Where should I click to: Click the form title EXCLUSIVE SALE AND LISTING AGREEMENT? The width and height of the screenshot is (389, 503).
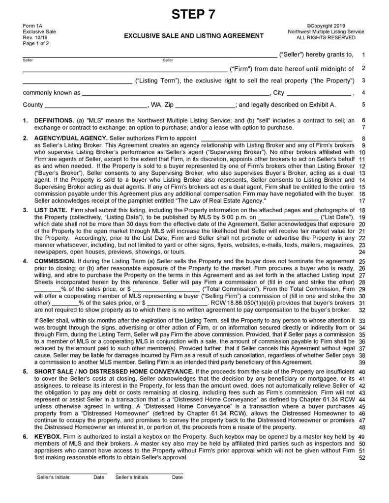tap(193, 35)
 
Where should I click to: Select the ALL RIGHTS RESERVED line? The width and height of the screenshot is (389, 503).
tap(326, 37)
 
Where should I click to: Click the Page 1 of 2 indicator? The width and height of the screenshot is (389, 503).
tap(36, 43)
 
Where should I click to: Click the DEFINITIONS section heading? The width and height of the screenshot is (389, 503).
tap(53, 120)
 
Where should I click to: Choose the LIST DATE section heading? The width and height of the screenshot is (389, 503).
tap(51, 210)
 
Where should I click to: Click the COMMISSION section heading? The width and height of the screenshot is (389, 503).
tap(55, 261)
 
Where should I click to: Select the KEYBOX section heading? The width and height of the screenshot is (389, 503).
tap(48, 436)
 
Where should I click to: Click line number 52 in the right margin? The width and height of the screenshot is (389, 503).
tap(362, 458)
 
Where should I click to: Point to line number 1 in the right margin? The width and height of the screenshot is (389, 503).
tap(362, 55)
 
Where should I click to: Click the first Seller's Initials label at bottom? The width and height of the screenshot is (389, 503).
tap(53, 477)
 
